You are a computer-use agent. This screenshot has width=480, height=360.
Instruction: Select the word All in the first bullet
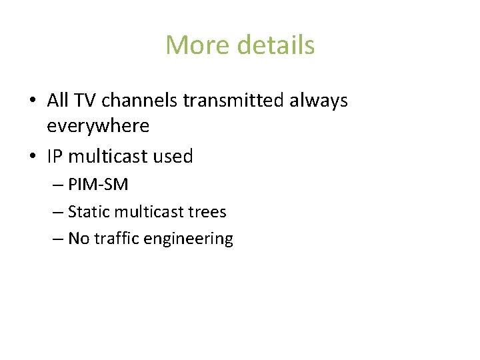[58, 101]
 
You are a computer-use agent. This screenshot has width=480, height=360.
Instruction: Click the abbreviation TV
[85, 101]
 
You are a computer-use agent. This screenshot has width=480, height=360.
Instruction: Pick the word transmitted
[233, 101]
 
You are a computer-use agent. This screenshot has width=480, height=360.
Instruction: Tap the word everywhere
[98, 125]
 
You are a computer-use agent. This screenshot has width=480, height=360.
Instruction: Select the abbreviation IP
[55, 157]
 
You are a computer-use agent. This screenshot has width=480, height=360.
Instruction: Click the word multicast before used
[109, 157]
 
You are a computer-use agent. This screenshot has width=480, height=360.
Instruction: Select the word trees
[207, 212]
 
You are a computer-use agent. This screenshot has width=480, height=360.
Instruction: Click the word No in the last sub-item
[79, 239]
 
